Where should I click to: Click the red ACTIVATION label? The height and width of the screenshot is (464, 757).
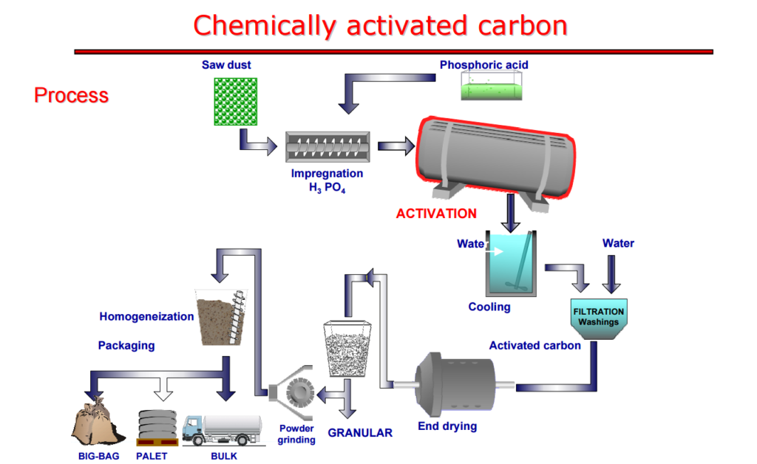(x=436, y=214)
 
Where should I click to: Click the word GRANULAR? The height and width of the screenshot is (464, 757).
(x=360, y=433)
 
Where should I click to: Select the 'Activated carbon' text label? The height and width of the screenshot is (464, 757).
(x=534, y=345)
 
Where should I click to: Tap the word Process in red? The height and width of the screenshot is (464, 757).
(x=71, y=96)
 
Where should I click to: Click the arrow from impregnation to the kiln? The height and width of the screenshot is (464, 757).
(x=396, y=146)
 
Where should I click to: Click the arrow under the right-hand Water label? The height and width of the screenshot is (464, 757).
(x=611, y=274)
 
